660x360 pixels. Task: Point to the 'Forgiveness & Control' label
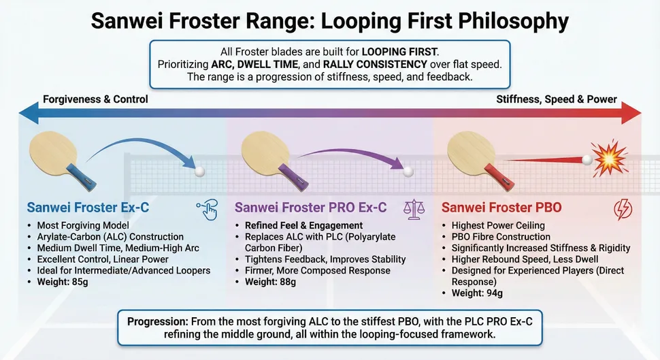pos(95,99)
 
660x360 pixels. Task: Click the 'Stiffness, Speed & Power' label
pos(556,99)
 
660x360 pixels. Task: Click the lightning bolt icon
pos(623,209)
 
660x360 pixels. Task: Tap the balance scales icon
pos(412,208)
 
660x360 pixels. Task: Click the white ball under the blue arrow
pos(200,172)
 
